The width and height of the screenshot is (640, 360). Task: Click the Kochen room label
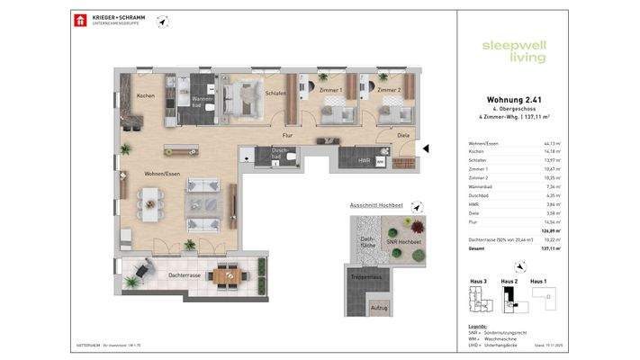tap(146, 95)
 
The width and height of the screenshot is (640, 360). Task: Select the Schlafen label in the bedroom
tap(275, 93)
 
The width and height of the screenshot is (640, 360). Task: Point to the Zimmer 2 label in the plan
tap(389, 91)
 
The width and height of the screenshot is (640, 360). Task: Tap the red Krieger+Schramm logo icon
tap(80, 20)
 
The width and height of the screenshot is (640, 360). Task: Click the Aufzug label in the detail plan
tap(379, 308)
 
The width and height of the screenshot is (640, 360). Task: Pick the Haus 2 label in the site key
tap(509, 282)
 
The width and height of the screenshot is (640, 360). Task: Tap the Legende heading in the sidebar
tap(478, 326)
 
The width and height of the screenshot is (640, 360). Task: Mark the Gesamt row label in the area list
tap(477, 248)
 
